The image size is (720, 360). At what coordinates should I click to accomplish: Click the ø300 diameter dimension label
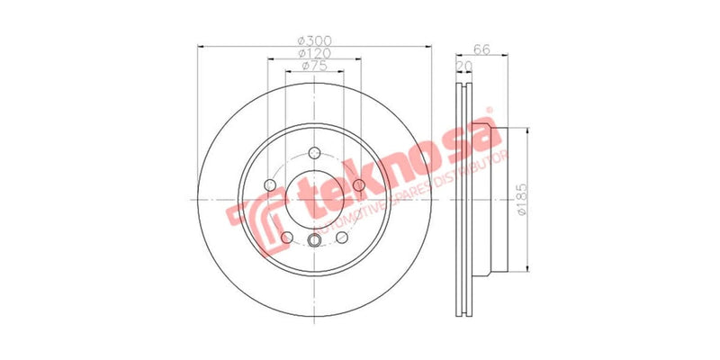pos(313,40)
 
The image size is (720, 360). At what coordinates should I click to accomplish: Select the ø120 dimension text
pos(313,53)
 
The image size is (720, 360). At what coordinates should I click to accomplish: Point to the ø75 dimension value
pos(313,66)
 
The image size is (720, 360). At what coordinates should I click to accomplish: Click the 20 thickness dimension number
pos(464,67)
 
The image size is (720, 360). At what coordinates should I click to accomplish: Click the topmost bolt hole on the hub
pos(314,152)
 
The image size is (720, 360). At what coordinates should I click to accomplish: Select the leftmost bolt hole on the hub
pos(269,185)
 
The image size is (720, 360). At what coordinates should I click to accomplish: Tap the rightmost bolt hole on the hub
pos(359,185)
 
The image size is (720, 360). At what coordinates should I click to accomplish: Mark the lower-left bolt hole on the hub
pos(286,238)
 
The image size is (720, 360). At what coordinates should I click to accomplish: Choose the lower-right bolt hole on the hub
pos(342,238)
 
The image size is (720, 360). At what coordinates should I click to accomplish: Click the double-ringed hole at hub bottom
pos(314,240)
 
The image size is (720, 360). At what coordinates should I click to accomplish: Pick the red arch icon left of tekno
pos(256,220)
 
